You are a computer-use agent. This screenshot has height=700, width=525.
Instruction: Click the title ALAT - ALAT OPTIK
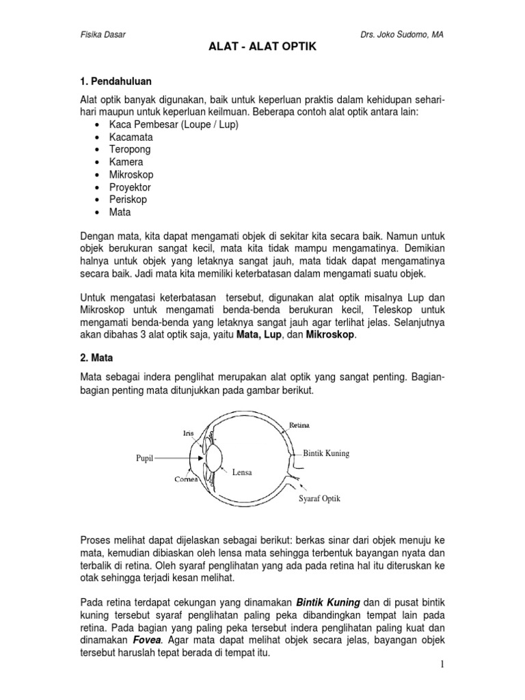click(262, 50)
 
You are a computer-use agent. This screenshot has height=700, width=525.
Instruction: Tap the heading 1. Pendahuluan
click(117, 80)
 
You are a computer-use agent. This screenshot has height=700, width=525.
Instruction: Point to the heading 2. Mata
click(98, 358)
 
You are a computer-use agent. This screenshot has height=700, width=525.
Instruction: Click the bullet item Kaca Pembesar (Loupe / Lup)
click(174, 124)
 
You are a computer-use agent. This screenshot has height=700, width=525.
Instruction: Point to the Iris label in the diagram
click(189, 433)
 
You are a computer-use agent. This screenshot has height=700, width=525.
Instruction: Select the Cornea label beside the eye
click(185, 479)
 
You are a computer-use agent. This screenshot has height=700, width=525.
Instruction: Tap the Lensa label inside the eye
click(242, 471)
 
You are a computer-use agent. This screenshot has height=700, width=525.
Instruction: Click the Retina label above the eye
click(299, 425)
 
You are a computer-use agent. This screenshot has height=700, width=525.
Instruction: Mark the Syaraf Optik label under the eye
click(319, 499)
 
